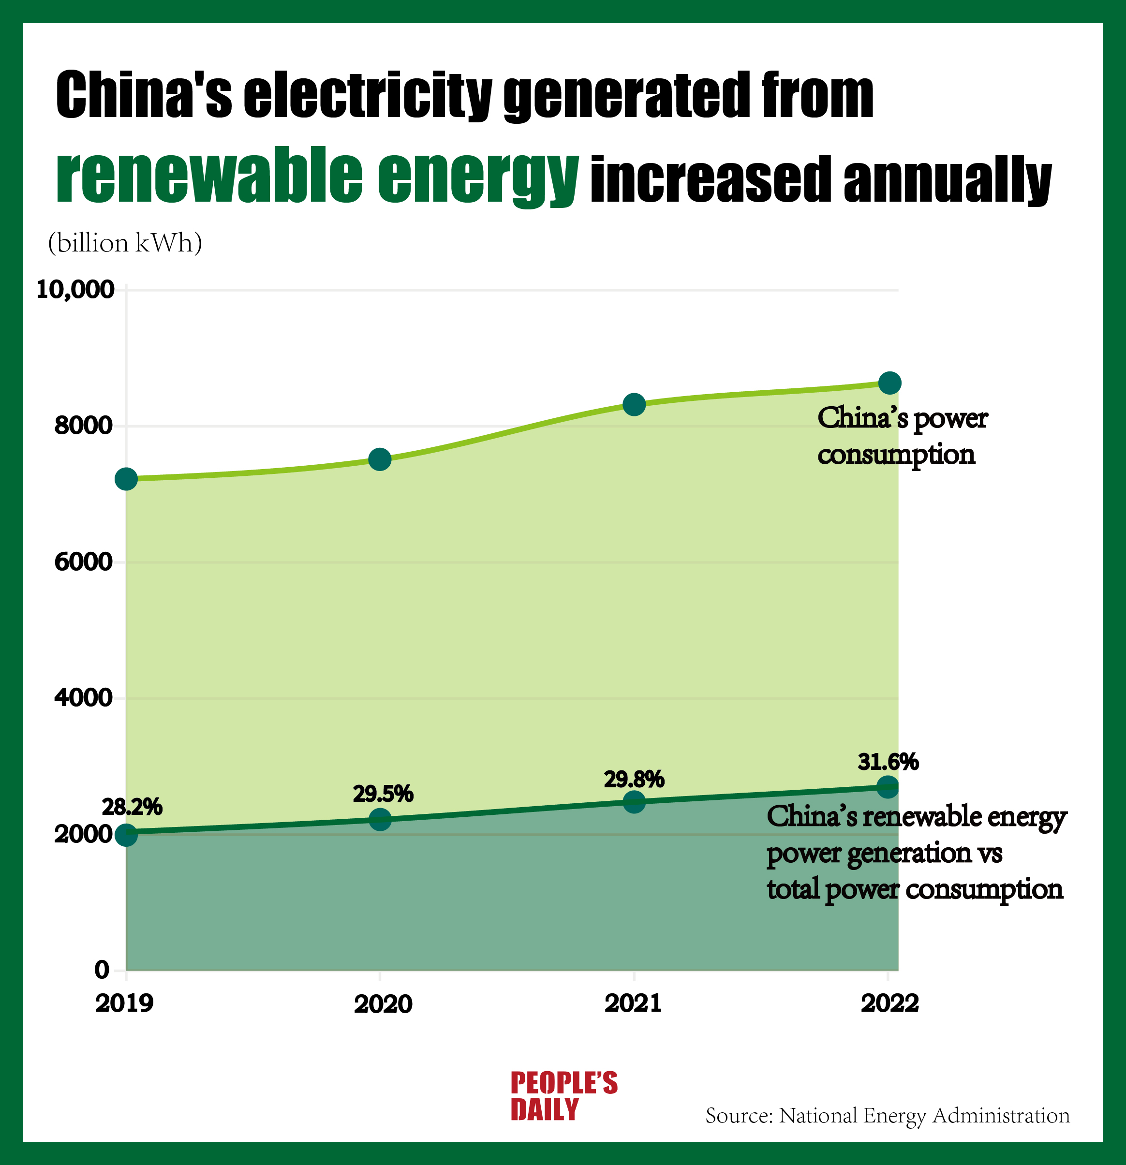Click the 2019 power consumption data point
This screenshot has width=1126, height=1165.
[126, 479]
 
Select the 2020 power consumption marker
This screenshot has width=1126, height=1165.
[380, 459]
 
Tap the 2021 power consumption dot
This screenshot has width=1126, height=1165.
[634, 405]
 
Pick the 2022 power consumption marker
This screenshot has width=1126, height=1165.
[889, 383]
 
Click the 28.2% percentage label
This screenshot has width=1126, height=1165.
[132, 807]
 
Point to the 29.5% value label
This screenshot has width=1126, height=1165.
[383, 794]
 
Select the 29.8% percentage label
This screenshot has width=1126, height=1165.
[634, 779]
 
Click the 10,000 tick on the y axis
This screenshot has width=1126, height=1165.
[75, 290]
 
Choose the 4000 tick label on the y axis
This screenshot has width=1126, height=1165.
[83, 698]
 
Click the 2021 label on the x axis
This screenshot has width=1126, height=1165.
[633, 1004]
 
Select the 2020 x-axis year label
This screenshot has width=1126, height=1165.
[383, 1004]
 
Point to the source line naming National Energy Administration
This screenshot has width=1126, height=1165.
[887, 1116]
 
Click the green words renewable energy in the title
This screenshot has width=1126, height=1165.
[317, 176]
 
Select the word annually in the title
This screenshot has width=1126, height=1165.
[947, 179]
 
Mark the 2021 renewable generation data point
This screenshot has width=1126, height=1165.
[634, 802]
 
